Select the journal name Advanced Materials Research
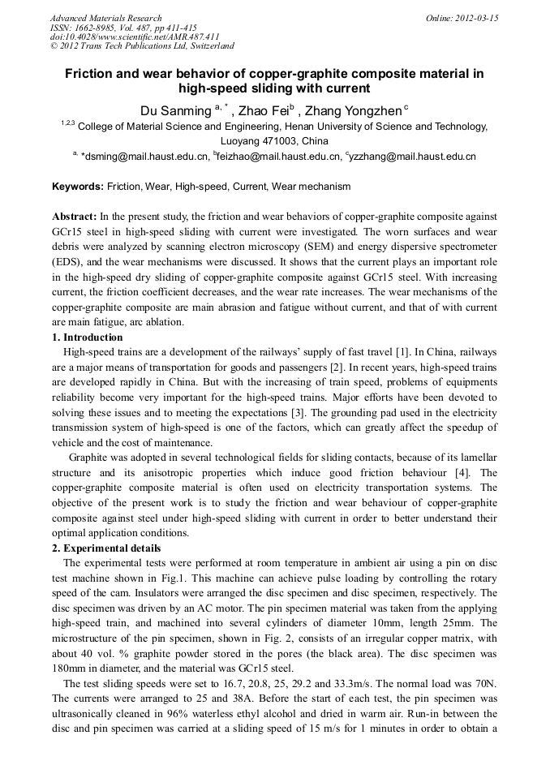[x=105, y=18]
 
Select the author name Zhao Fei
[x=260, y=110]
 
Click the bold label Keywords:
[x=78, y=187]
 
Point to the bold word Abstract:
[x=75, y=217]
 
